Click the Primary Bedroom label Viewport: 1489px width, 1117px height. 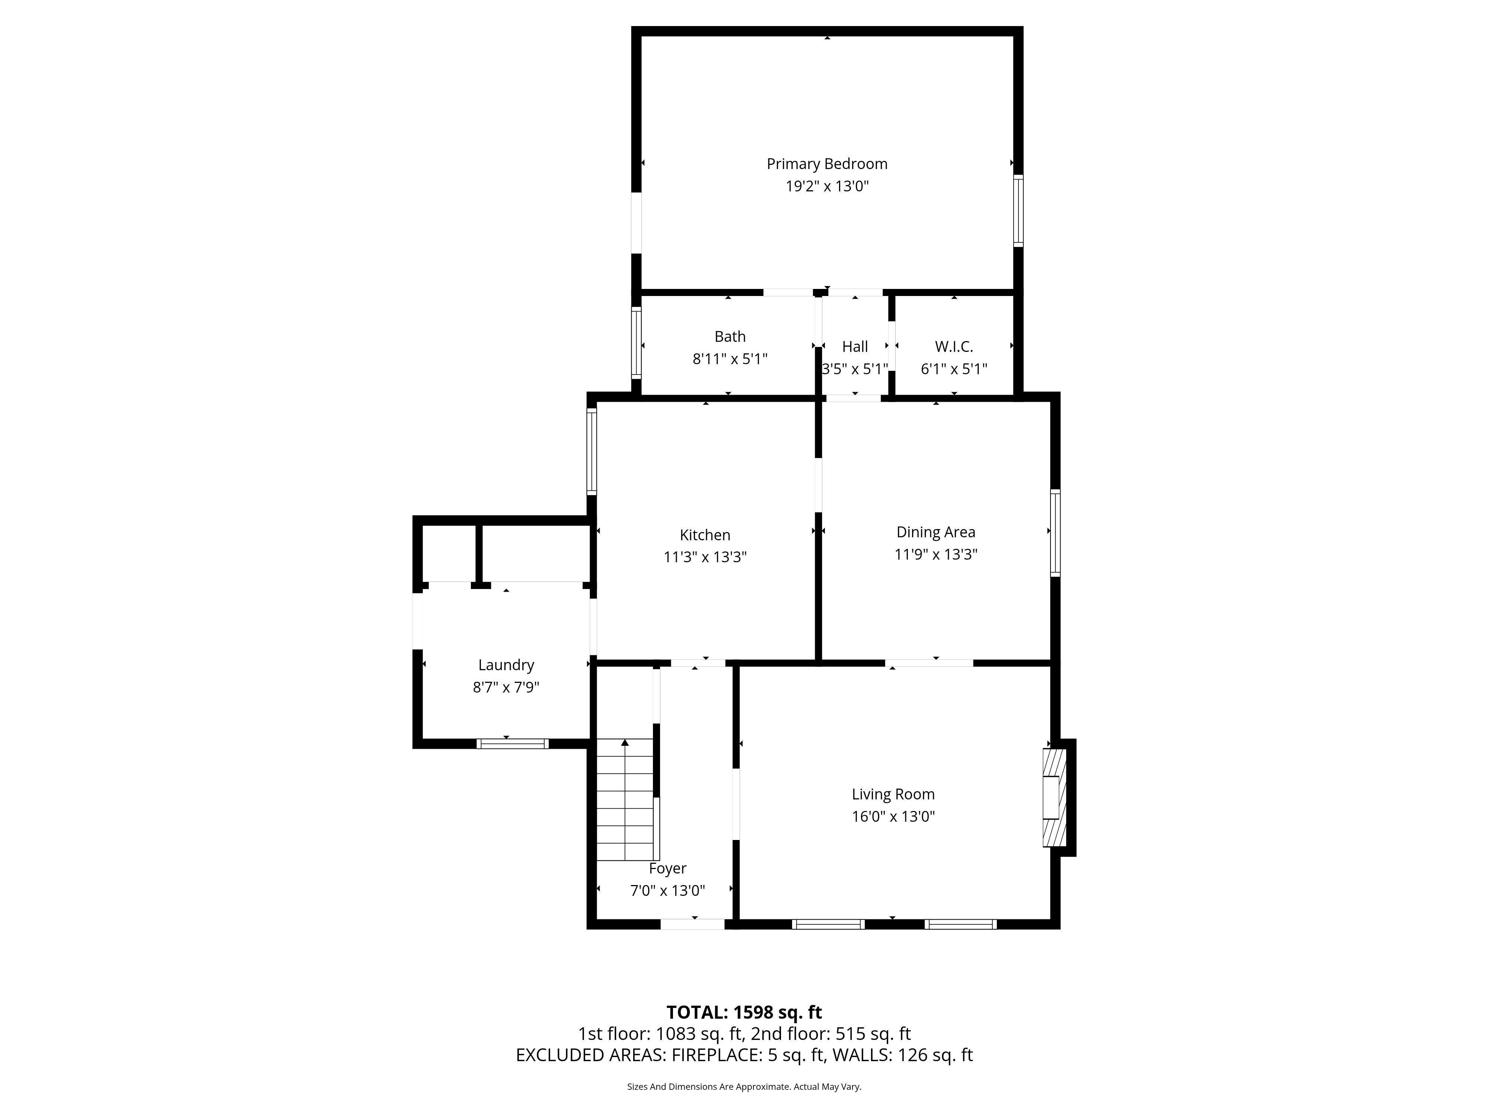(827, 163)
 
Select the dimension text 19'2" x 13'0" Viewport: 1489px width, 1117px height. (827, 186)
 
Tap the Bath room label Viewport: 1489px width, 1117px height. (730, 337)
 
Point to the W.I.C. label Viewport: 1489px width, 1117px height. (954, 347)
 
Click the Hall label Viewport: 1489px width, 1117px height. (855, 347)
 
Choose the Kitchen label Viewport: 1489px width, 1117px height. (705, 535)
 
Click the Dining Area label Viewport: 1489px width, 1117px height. (936, 532)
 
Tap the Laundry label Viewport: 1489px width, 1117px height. (506, 665)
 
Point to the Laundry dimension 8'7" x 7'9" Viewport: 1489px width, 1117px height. (506, 687)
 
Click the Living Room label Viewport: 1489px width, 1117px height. (893, 795)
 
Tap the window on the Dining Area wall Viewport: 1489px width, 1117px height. (1055, 532)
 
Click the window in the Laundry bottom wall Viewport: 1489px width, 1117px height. (512, 744)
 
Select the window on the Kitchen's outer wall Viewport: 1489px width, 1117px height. (592, 451)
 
